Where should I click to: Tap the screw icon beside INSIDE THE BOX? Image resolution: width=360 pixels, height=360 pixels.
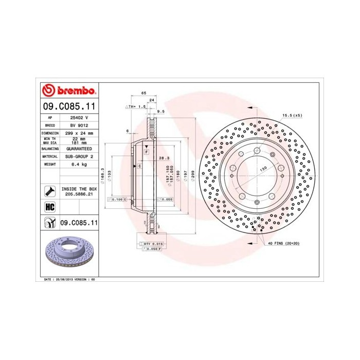click(50, 192)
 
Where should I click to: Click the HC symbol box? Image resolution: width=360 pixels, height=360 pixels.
click(50, 208)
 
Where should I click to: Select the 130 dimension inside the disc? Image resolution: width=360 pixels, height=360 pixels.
click(263, 169)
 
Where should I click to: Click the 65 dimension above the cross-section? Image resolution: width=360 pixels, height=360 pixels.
click(143, 93)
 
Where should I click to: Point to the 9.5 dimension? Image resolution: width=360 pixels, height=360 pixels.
click(160, 111)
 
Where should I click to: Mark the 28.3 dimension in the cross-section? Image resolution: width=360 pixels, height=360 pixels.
click(164, 158)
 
